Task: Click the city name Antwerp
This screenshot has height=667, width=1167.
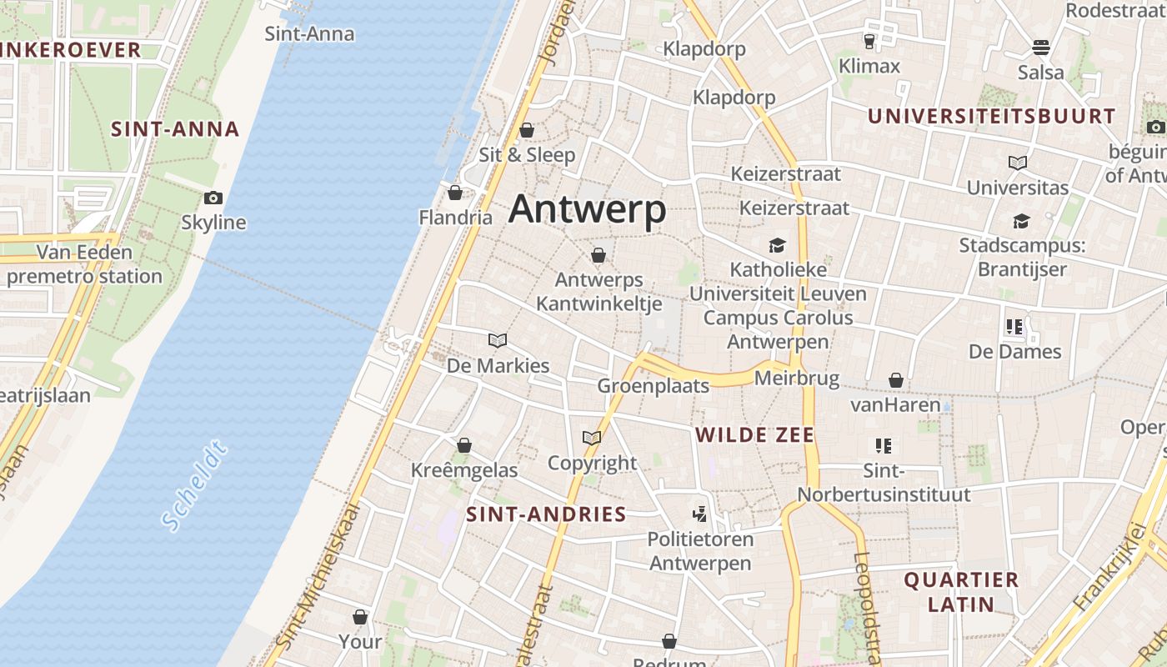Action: click(x=587, y=209)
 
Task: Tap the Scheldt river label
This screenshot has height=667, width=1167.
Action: click(x=195, y=485)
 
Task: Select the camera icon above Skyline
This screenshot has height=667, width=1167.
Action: click(x=213, y=198)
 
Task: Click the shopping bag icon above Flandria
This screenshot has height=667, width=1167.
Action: click(x=455, y=193)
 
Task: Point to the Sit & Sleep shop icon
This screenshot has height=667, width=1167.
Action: click(x=527, y=130)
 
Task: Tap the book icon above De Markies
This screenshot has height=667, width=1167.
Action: click(x=498, y=340)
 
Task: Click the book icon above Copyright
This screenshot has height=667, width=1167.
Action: click(x=592, y=438)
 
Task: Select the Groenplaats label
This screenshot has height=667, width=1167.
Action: click(x=653, y=385)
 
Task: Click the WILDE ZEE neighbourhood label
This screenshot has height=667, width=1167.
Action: click(x=754, y=434)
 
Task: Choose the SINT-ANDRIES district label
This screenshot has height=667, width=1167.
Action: click(x=546, y=514)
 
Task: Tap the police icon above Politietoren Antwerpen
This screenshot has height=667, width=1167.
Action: click(x=700, y=514)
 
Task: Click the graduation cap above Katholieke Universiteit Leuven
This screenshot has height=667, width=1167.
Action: click(x=778, y=245)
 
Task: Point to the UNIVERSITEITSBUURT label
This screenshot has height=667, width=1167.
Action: click(x=991, y=116)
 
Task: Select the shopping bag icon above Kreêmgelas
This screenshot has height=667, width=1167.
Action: click(x=464, y=445)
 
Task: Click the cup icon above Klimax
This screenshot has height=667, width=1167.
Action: click(x=869, y=41)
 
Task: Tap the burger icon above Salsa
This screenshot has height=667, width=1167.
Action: click(x=1040, y=47)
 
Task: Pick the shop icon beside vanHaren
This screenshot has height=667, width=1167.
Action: click(x=896, y=380)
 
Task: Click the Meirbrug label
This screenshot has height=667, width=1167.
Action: click(x=796, y=379)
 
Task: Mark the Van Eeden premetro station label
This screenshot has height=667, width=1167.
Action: click(x=84, y=264)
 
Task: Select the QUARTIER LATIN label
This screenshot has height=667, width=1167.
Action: click(x=961, y=591)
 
